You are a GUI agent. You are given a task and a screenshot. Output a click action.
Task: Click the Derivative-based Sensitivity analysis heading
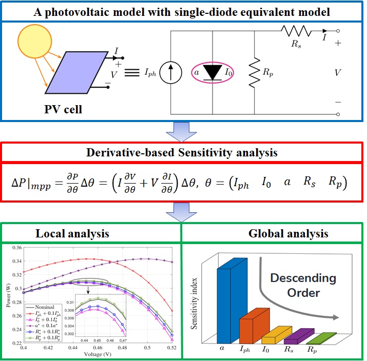click(x=181, y=152)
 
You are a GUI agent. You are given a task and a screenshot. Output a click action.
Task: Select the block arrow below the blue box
click(x=181, y=131)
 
